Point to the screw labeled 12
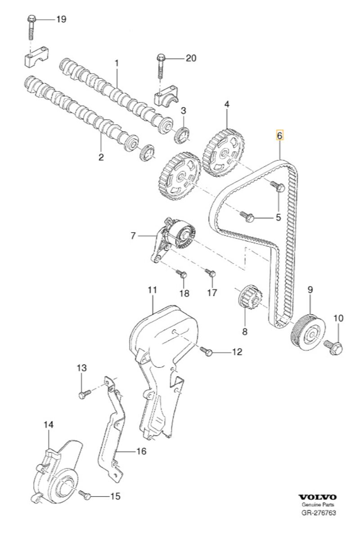pos(207,352)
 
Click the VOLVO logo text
pos(318,497)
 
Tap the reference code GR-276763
pos(318,513)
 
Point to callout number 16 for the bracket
pos(141,451)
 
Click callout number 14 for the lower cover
pos(49,425)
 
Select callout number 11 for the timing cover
pos(152,290)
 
